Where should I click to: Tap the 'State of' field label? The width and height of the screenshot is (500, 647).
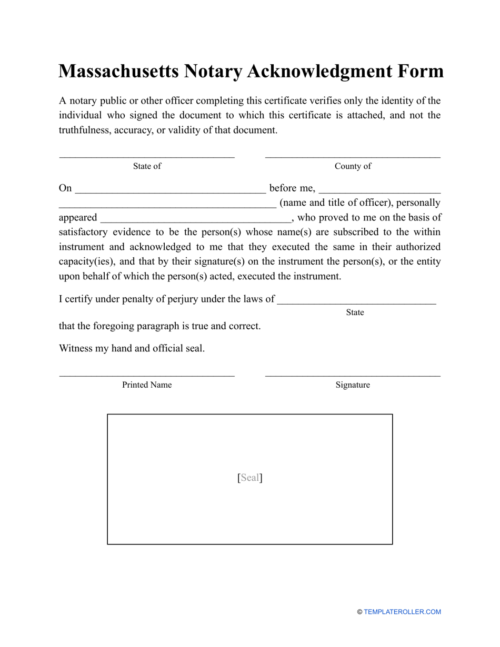point(147,166)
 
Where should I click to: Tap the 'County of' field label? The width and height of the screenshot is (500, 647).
point(353,166)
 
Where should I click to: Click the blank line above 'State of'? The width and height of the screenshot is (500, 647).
point(147,156)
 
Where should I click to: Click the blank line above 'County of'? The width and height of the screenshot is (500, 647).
point(353,156)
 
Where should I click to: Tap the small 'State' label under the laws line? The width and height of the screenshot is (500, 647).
point(355,312)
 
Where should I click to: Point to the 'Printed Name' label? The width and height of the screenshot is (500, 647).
point(147,385)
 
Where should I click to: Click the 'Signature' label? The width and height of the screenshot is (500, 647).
point(353,385)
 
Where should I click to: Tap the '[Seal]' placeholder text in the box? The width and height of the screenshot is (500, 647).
point(250,478)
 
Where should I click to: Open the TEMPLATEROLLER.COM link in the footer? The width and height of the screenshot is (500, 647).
point(402,612)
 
